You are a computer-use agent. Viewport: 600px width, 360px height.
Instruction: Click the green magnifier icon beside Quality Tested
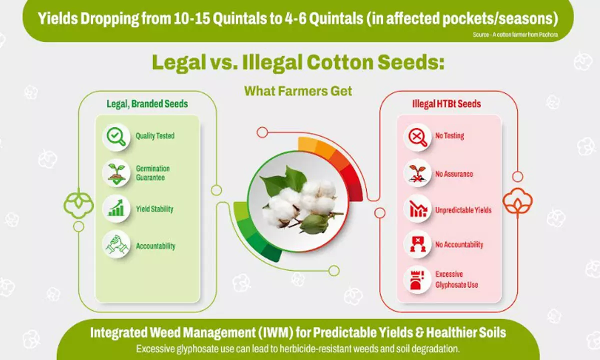point(116,137)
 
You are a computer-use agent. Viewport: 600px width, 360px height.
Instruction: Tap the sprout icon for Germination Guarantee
point(116,173)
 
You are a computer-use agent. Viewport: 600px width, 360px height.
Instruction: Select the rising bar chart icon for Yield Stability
point(116,208)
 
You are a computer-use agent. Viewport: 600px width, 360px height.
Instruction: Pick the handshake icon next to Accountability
point(116,244)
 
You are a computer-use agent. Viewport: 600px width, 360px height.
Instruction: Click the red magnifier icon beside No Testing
point(417,137)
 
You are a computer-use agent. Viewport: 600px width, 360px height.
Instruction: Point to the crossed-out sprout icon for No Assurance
point(417,173)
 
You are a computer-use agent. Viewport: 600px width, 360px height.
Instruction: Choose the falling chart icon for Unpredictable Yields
point(417,208)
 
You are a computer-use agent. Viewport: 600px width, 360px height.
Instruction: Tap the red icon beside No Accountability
point(417,244)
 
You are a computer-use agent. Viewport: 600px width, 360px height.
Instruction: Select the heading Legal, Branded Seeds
point(147,104)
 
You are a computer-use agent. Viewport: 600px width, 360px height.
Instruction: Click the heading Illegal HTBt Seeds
point(446,104)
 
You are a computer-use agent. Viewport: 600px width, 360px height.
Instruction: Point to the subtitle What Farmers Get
point(298,91)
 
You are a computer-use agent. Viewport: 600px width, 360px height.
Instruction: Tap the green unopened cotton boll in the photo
point(314,222)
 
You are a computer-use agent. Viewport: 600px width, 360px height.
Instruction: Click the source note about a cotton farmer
point(515,34)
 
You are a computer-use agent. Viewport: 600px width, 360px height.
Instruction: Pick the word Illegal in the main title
point(272,62)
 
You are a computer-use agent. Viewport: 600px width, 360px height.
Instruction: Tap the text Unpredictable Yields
point(463,210)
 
